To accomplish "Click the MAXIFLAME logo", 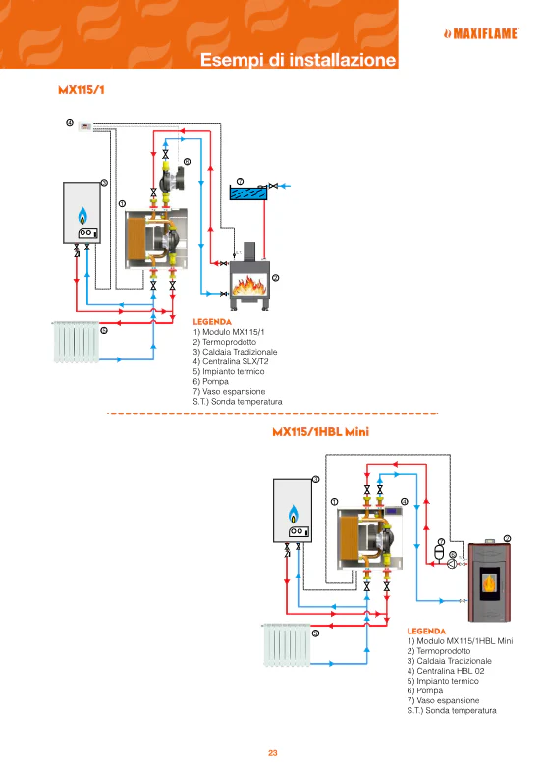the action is click(481, 33).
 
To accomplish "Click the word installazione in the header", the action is click(343, 60).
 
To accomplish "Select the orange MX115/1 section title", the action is click(82, 90).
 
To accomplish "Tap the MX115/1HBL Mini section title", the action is click(320, 432).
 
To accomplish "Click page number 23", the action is click(273, 752).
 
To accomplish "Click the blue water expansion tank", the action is click(248, 193).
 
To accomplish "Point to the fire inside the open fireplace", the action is click(249, 286).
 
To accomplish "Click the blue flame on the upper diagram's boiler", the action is click(82, 215).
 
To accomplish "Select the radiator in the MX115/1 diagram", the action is click(77, 342).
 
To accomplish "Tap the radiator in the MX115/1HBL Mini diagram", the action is click(287, 644).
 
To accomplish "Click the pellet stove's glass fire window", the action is click(489, 583).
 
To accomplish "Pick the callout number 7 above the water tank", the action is click(240, 182).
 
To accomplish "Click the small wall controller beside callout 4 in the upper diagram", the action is click(85, 126).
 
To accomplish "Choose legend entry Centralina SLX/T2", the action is click(231, 361).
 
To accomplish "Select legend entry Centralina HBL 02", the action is click(446, 671).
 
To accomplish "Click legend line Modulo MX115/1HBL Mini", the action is click(460, 641).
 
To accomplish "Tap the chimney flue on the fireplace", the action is click(249, 251).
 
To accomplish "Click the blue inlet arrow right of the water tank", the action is click(285, 186).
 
